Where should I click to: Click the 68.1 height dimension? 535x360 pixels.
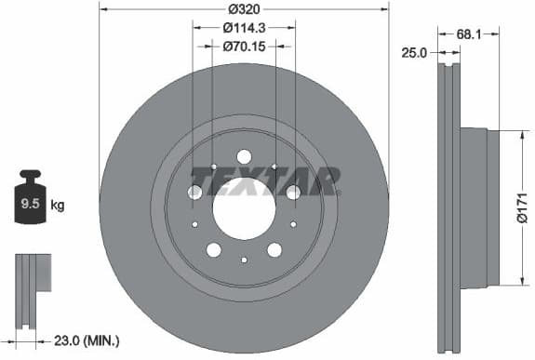click(x=470, y=35)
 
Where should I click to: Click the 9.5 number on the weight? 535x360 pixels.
click(x=30, y=203)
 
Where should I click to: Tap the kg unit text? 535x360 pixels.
click(x=58, y=203)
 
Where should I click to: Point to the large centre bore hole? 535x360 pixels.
click(x=244, y=206)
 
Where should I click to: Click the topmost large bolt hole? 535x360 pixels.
click(x=244, y=156)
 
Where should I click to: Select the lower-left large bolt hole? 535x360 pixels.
click(x=213, y=249)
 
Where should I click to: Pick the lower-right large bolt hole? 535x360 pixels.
click(x=274, y=249)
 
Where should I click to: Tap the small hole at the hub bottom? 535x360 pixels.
click(x=244, y=260)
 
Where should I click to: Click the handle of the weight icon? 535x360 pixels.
click(x=31, y=175)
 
